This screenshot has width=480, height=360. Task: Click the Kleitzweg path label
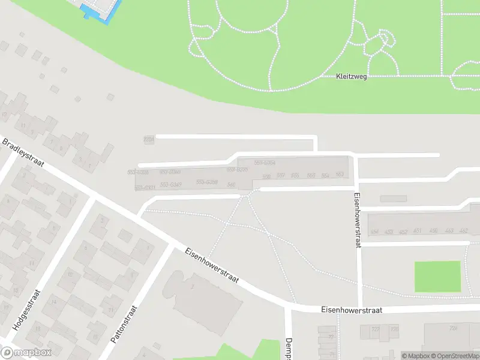(x=351, y=77)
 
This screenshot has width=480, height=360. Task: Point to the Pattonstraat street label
(x=124, y=324)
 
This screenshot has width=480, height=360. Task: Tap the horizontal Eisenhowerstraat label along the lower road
(x=352, y=310)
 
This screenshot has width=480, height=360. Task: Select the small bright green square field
(x=437, y=277)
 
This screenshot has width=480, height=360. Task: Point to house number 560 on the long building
(x=266, y=176)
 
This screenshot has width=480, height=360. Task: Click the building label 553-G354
(x=265, y=163)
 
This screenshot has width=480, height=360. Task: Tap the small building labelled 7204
(x=149, y=139)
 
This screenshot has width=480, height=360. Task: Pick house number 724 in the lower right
(x=454, y=328)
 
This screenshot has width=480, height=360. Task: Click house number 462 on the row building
(x=463, y=230)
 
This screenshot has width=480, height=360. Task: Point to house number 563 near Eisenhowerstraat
(x=340, y=175)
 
